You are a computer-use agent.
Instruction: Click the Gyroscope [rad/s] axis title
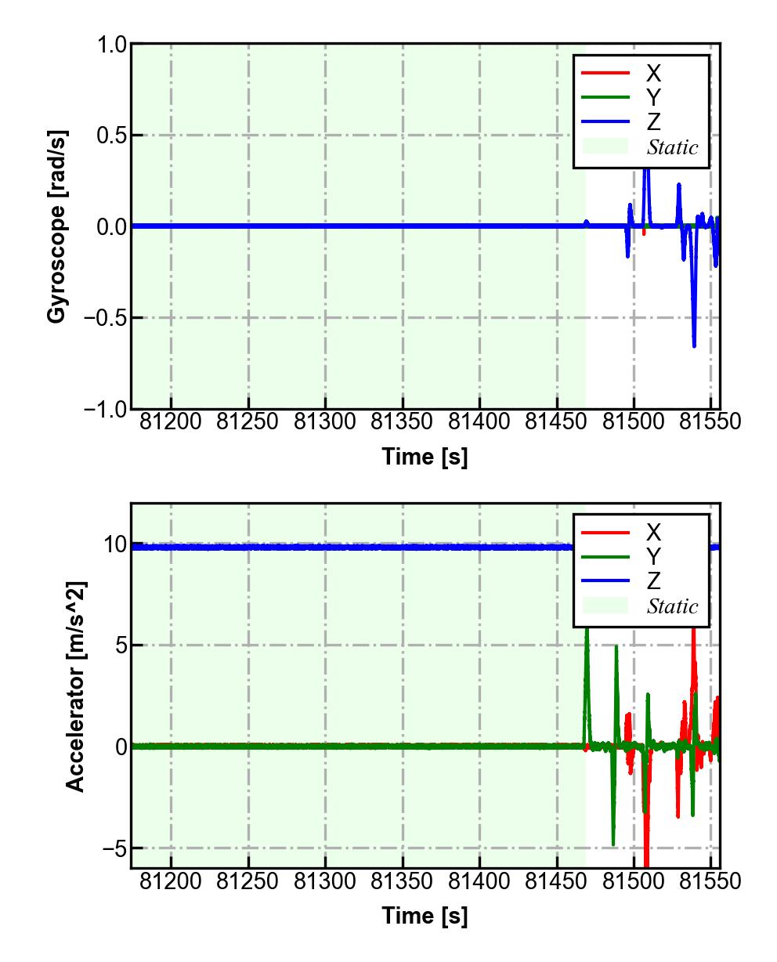[56, 226]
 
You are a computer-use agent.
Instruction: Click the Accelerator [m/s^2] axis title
[76, 686]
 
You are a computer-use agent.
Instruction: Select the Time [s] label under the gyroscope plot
[425, 456]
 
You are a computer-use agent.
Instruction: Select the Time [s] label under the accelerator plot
[425, 915]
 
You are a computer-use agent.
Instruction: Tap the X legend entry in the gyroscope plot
[652, 74]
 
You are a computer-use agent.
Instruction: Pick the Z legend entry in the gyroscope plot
[652, 122]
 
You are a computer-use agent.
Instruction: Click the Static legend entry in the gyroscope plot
[671, 147]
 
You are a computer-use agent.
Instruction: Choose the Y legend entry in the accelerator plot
[652, 557]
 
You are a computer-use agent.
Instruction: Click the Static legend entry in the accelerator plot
[671, 606]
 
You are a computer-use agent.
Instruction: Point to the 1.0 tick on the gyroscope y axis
[112, 45]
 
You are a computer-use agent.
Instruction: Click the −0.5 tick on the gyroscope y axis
[107, 318]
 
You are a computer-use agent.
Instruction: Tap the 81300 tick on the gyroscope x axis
[325, 421]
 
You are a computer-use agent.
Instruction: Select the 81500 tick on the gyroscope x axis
[634, 421]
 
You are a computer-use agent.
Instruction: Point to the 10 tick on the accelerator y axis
[115, 544]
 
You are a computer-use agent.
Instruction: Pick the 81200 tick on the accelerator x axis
[171, 881]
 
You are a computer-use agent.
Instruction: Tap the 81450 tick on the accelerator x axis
[557, 881]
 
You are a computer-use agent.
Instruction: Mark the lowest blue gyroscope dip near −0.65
[694, 345]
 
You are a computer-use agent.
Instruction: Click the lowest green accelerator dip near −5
[613, 844]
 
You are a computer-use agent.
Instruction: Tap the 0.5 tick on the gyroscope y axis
[112, 136]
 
